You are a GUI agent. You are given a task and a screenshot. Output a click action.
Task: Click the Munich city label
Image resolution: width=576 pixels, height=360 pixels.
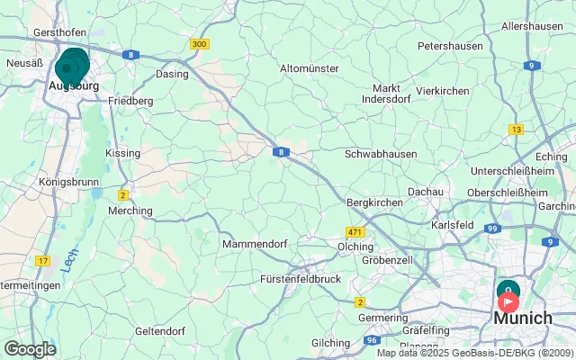click(523, 318)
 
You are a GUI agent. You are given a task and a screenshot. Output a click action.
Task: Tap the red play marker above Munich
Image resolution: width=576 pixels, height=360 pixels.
click(508, 301)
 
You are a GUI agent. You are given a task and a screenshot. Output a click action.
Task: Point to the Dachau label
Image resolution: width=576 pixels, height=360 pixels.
click(426, 192)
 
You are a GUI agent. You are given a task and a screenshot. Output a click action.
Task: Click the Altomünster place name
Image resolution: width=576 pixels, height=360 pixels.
click(309, 68)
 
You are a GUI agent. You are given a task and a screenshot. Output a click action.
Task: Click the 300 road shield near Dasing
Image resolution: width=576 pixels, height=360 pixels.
click(199, 44)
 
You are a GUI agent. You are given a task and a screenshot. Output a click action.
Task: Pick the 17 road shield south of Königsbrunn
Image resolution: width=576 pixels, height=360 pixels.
click(42, 261)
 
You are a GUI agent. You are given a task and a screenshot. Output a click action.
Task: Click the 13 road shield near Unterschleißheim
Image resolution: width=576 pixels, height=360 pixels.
click(516, 130)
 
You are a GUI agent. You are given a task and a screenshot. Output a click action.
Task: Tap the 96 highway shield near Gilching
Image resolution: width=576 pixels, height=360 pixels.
click(372, 341)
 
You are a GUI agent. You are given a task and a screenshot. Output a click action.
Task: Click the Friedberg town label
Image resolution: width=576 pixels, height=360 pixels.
click(130, 101)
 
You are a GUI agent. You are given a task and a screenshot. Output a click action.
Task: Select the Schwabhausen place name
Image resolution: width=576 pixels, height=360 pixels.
click(381, 155)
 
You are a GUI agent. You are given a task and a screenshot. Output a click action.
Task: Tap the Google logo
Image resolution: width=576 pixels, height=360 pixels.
click(30, 348)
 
